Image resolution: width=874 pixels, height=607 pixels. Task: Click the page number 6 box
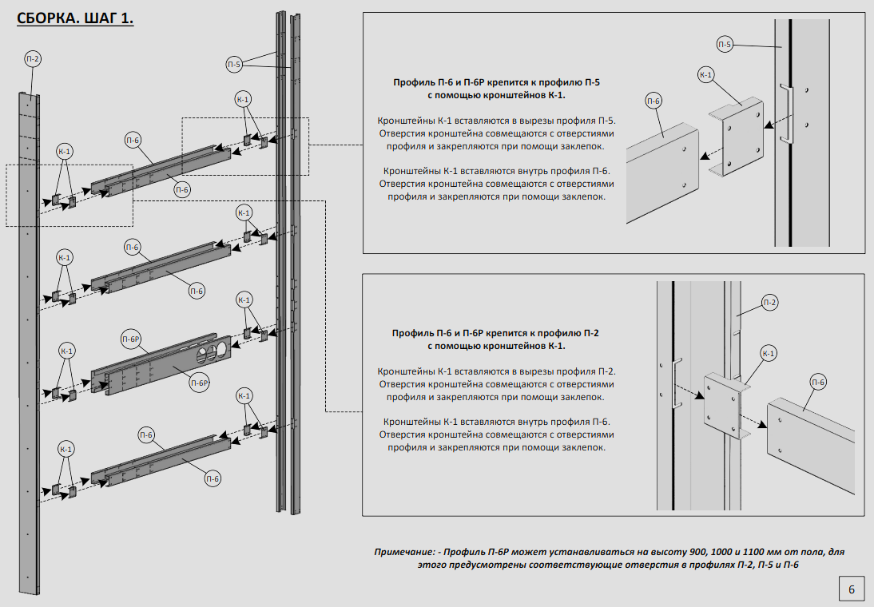point(851,589)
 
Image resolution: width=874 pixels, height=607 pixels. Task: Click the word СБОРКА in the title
point(46,18)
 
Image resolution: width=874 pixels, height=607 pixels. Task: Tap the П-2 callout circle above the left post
point(33,59)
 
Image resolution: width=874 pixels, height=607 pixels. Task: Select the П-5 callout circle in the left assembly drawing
point(234,65)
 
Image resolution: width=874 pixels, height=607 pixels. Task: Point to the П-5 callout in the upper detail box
point(725,44)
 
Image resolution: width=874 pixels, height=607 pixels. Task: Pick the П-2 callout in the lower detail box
point(769,302)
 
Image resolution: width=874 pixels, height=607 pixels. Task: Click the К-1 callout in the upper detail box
point(706,75)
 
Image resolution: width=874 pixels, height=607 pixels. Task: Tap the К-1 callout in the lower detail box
point(769,353)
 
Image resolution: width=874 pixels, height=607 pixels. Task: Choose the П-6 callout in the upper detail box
point(654,101)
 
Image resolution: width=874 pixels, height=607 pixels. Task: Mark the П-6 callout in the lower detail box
point(819,383)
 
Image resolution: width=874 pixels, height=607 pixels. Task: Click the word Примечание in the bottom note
point(405,552)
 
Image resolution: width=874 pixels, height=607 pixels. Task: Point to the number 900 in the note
point(653,552)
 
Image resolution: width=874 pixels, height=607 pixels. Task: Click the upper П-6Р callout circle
point(131,339)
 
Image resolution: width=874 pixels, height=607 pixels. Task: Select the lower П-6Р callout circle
point(199,383)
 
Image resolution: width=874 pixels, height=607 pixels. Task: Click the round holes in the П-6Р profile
point(211,351)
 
